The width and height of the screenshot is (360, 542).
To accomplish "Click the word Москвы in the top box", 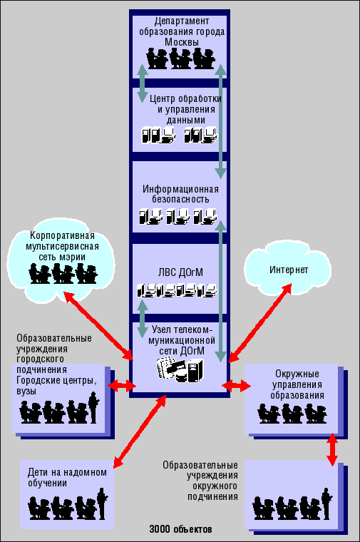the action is pyautogui.click(x=181, y=42).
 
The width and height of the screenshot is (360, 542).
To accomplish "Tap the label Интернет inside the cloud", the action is pyautogui.click(x=289, y=270).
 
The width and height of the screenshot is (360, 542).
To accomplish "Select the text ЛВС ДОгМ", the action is pyautogui.click(x=180, y=272).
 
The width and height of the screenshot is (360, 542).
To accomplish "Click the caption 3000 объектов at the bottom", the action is pyautogui.click(x=180, y=529).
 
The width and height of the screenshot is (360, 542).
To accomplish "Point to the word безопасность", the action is pyautogui.click(x=180, y=199).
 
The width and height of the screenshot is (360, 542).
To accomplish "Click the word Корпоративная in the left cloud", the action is pyautogui.click(x=62, y=236).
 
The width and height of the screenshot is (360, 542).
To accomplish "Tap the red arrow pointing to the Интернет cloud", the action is pyautogui.click(x=260, y=323).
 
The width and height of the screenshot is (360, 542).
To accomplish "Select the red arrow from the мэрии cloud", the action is pyautogui.click(x=98, y=326).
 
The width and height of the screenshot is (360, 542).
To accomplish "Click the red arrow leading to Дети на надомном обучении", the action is pyautogui.click(x=140, y=432).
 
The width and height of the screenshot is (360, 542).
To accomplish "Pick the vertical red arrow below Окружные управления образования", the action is pyautogui.click(x=332, y=449).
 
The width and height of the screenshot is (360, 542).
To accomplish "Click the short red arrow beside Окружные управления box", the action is pyautogui.click(x=237, y=385).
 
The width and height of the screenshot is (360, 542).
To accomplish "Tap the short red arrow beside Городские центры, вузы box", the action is pyautogui.click(x=123, y=385).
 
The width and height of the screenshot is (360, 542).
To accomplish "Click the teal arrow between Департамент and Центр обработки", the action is pyautogui.click(x=143, y=83).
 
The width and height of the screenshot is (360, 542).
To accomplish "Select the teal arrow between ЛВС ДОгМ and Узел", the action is pyautogui.click(x=143, y=318).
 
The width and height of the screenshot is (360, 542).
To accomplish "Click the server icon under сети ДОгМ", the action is pyautogui.click(x=195, y=371).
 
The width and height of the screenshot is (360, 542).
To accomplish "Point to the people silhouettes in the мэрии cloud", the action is pyautogui.click(x=63, y=273).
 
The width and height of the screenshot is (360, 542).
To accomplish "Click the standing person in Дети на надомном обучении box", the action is pyautogui.click(x=102, y=503).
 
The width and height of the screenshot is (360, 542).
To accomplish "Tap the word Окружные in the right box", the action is pyautogui.click(x=297, y=374).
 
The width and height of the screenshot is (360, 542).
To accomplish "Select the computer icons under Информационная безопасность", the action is pyautogui.click(x=178, y=216).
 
